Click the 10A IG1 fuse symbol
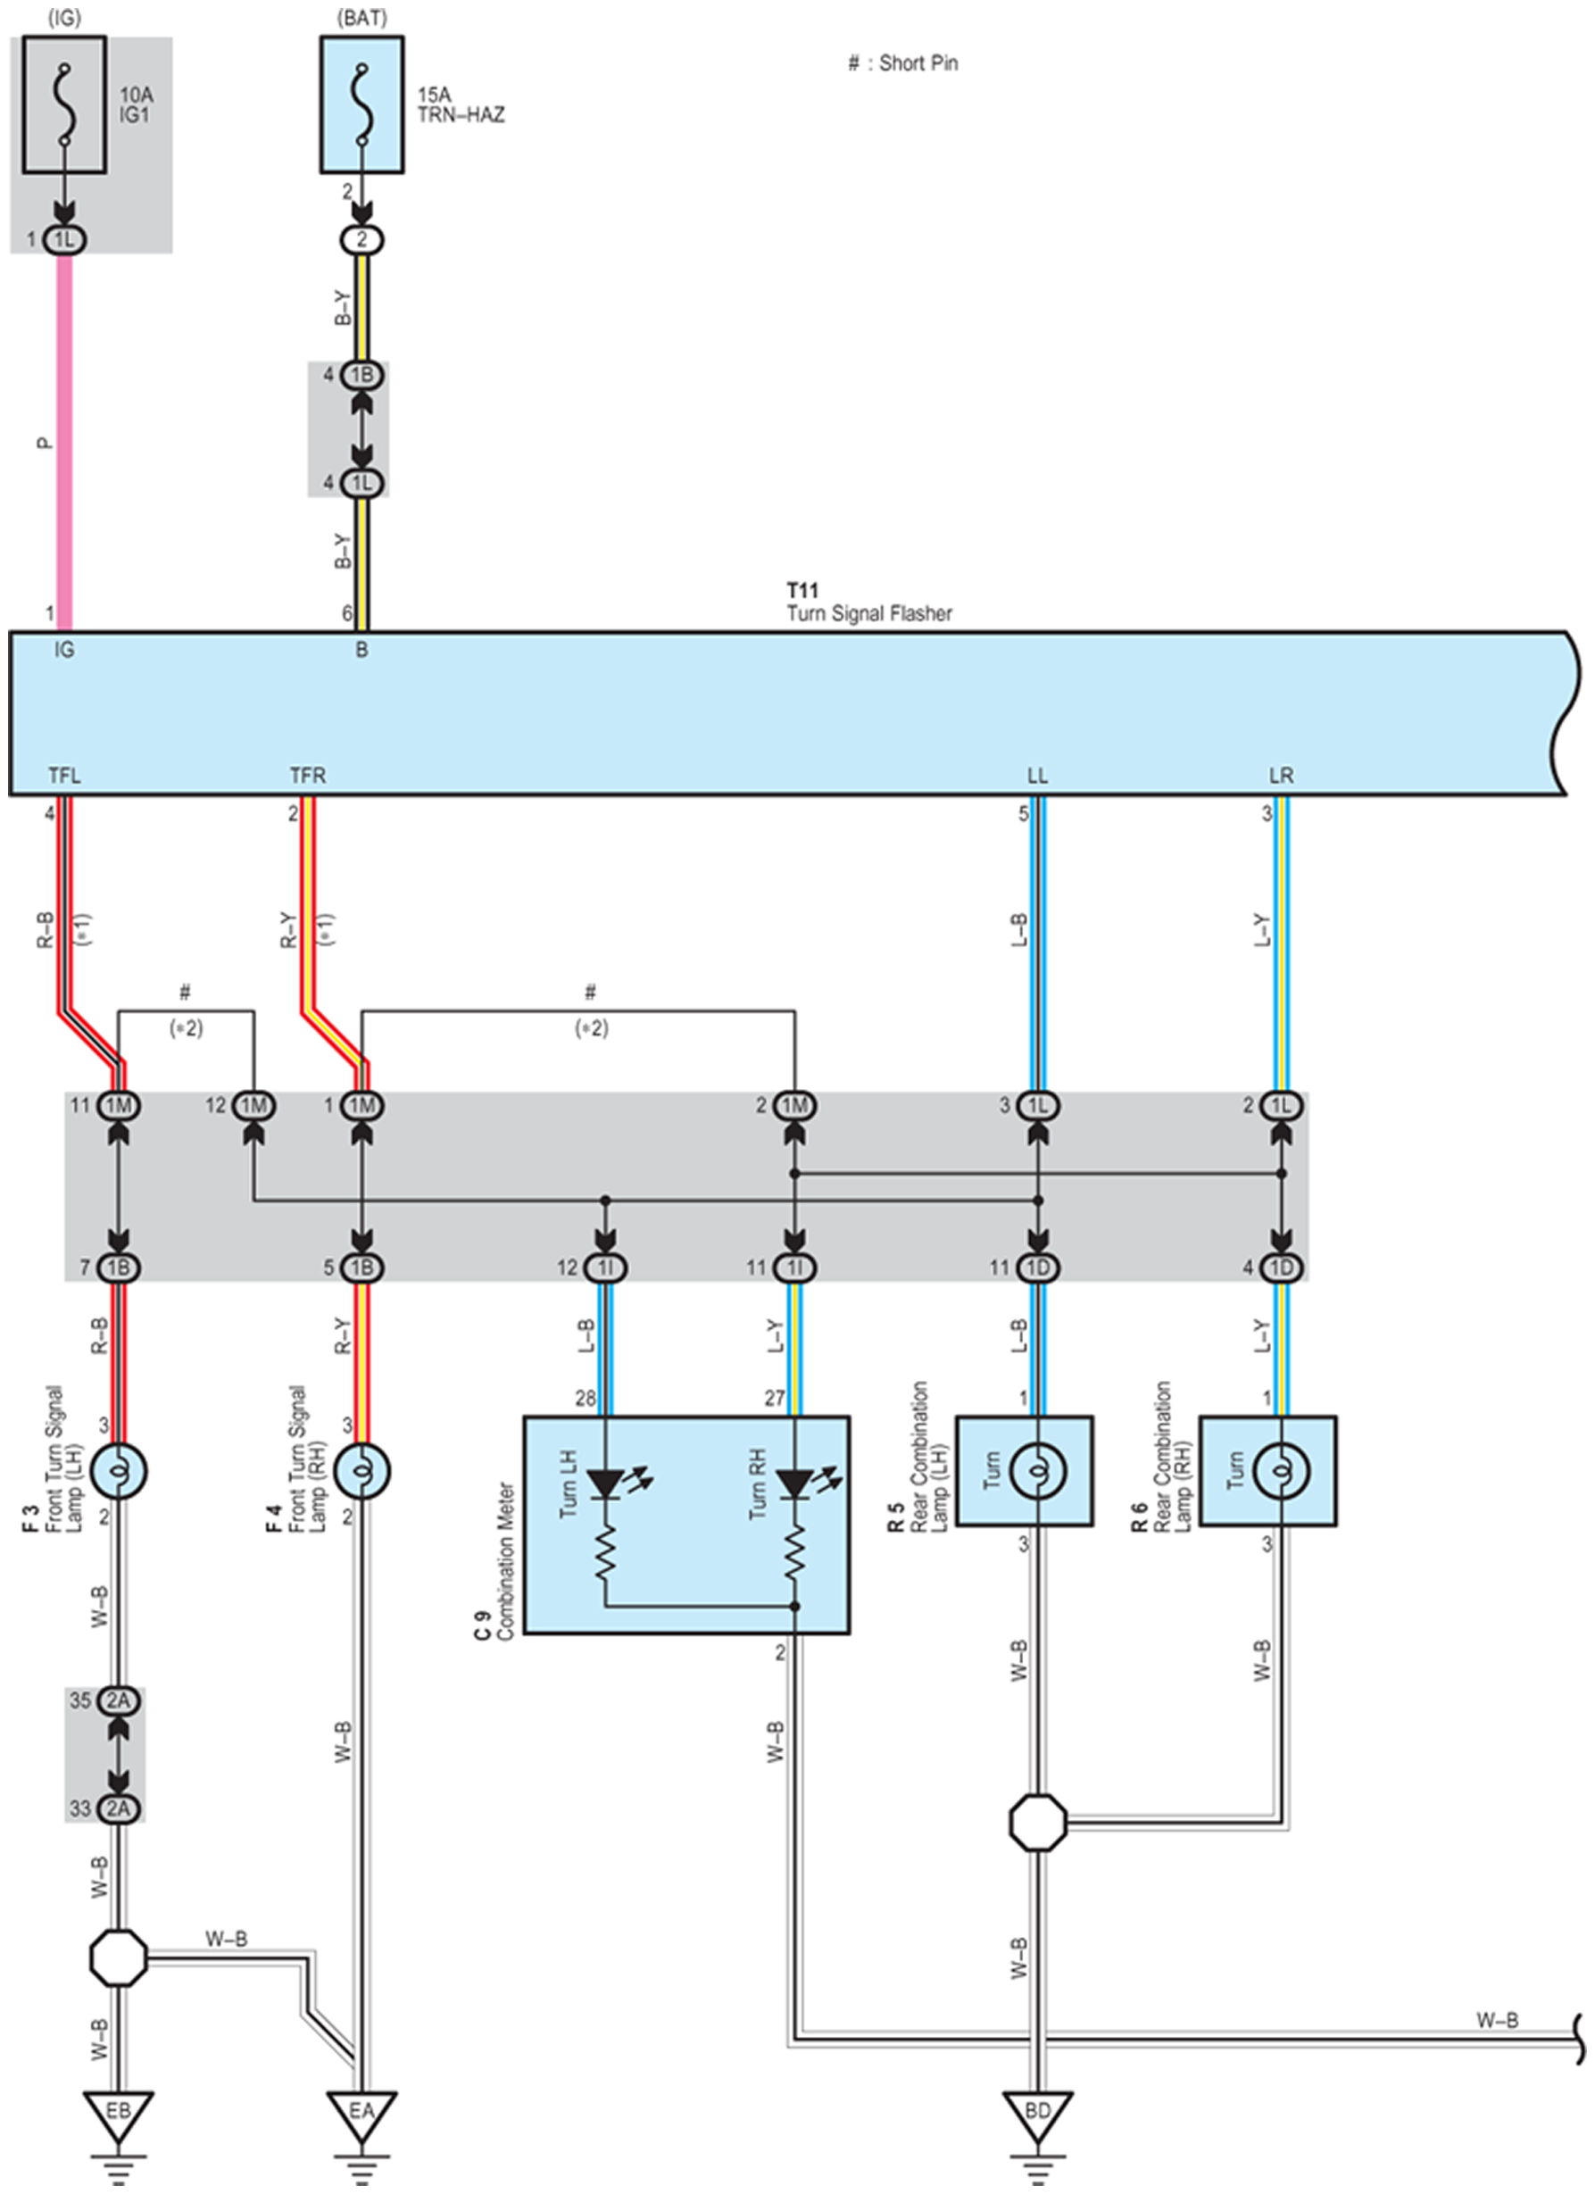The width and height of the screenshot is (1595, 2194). point(64,104)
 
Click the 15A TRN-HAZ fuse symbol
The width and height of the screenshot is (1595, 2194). point(361,104)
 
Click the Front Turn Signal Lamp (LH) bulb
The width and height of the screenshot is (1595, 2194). point(119,1471)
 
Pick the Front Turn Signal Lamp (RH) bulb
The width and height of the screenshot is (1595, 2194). point(361,1471)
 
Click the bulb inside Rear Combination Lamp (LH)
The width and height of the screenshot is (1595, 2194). point(1038,1471)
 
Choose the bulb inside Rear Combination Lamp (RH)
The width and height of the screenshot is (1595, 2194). point(1282,1471)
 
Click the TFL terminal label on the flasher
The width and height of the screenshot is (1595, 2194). point(65,776)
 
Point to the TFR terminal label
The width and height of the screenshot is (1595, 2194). point(308,776)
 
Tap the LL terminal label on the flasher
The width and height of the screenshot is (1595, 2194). point(1038,776)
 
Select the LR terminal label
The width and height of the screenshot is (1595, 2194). point(1281,776)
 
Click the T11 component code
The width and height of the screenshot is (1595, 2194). point(802,590)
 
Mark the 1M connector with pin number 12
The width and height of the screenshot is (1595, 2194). point(253,1105)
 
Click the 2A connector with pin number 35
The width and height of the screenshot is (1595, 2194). point(119,1700)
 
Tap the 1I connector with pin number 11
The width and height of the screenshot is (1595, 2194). point(795,1267)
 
